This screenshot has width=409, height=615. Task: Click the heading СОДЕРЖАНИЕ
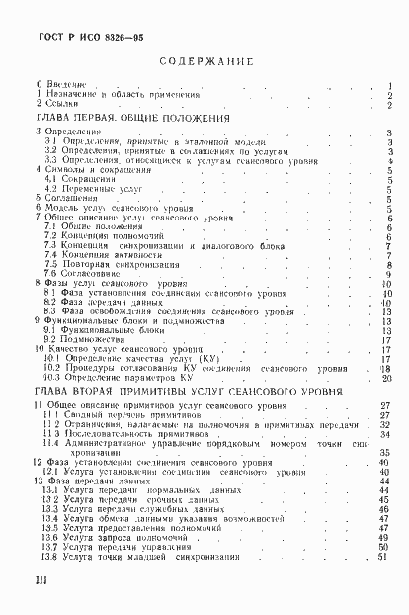(206, 62)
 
